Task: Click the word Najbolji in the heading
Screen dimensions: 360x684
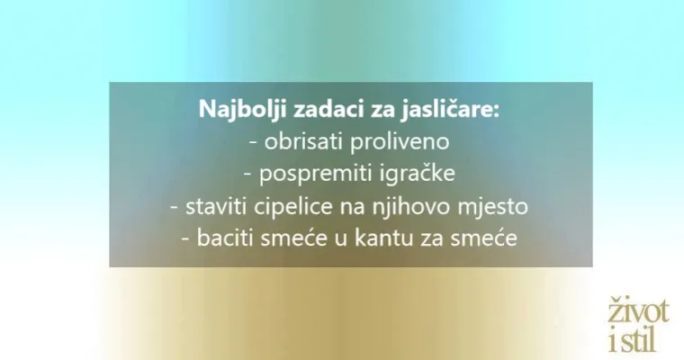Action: (236, 112)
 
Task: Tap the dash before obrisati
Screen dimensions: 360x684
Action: (249, 143)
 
